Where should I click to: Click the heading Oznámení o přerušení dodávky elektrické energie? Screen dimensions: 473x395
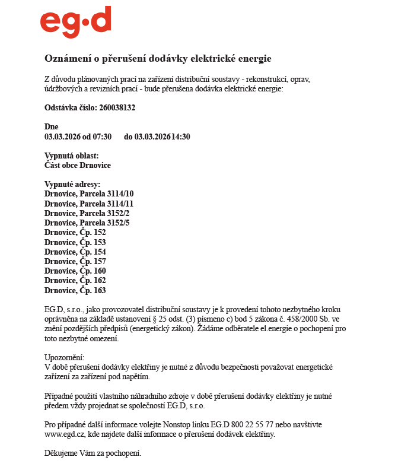[158, 58]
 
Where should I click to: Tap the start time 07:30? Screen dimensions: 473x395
[101, 136]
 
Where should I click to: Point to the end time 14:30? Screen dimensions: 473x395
[181, 136]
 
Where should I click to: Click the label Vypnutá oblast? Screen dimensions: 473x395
[71, 155]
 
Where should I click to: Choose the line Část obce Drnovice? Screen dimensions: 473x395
[78, 165]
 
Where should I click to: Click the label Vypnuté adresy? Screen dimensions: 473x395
[72, 184]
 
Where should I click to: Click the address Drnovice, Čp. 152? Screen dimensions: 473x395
[75, 232]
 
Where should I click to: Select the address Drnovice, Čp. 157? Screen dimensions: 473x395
[75, 261]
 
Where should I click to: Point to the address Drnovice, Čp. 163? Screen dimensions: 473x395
[75, 290]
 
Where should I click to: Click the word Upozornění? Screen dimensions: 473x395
[65, 357]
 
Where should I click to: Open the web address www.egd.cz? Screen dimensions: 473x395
[62, 434]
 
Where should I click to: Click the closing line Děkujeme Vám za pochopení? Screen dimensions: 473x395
[93, 454]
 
